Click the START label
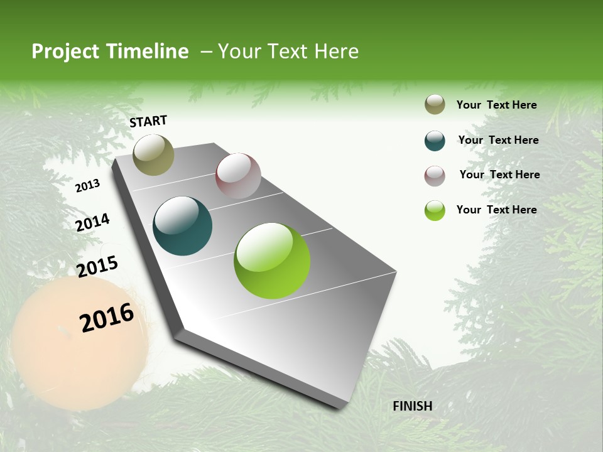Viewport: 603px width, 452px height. (x=148, y=121)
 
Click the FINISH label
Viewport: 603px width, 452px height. (x=412, y=406)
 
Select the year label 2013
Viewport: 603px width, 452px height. (x=87, y=186)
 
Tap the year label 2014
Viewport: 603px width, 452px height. (x=92, y=222)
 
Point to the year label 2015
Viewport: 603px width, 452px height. (x=97, y=266)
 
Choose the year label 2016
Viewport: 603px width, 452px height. (x=107, y=318)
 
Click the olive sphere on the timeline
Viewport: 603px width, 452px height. (x=154, y=155)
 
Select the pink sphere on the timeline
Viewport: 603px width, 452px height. (x=238, y=176)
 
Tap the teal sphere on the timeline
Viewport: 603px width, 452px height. (x=183, y=226)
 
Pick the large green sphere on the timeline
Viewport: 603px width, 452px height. (x=272, y=261)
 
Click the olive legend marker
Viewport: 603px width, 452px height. (x=435, y=104)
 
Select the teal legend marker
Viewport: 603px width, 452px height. (x=435, y=141)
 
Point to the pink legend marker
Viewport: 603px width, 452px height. (x=435, y=176)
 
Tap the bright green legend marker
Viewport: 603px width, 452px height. (x=435, y=210)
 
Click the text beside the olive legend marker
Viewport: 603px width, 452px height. (x=496, y=105)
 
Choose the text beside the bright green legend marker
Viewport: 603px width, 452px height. (x=496, y=210)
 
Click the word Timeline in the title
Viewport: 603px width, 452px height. (x=148, y=51)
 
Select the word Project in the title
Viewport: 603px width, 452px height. (x=65, y=51)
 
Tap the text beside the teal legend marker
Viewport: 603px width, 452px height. (x=498, y=140)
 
